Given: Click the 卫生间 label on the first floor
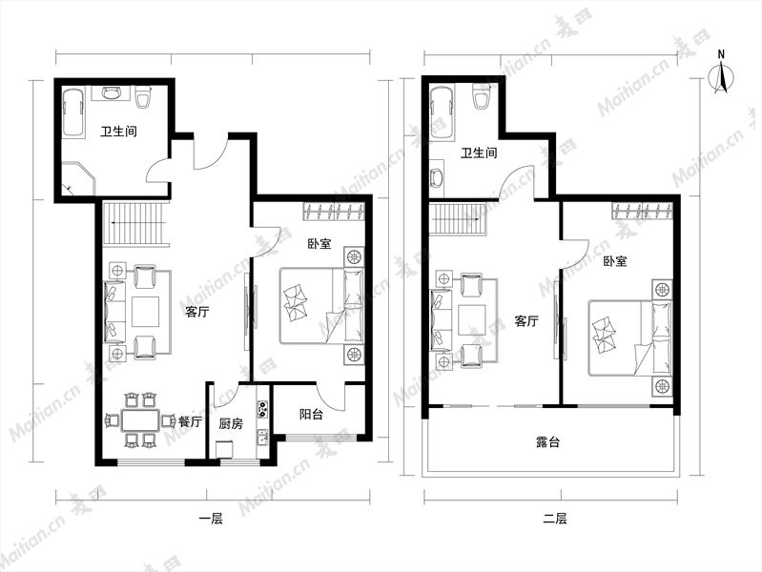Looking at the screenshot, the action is pos(118,132).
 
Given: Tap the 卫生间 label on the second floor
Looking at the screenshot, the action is pos(479,153).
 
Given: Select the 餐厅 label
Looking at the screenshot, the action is pos(190,421).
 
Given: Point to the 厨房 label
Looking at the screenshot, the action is pos(231,424).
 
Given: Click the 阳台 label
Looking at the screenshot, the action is pos(311,415).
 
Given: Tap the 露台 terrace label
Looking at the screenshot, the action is pos(547,441).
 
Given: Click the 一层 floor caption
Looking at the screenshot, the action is pos(211,519).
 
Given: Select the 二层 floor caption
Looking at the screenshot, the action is pos(554,519).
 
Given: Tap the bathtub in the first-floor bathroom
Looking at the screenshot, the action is pos(73,112).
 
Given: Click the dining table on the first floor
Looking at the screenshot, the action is pos(140,420).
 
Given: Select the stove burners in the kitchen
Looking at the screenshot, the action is pos(262,409).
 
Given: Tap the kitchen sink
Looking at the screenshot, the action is pos(262,438).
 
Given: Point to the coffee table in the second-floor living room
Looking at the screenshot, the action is pos(472,319).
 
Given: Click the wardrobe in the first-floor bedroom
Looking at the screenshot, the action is pos(334,212).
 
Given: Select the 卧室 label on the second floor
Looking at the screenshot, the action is pos(615,261).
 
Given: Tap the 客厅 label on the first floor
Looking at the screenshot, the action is pos(197,312).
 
